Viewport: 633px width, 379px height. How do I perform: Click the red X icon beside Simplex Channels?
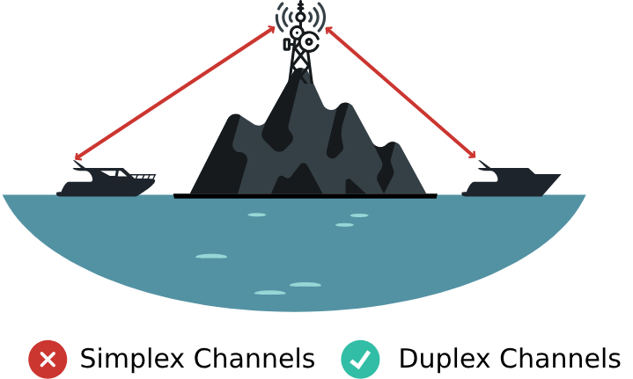click(x=48, y=359)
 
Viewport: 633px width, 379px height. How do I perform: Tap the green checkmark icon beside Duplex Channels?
click(x=360, y=359)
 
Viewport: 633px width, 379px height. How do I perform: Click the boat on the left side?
click(x=106, y=183)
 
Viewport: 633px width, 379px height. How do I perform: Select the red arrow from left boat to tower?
click(x=176, y=92)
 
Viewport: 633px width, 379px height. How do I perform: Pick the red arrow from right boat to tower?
click(x=401, y=92)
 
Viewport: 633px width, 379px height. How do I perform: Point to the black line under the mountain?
click(x=305, y=196)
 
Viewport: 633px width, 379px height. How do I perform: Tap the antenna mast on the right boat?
click(x=485, y=164)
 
